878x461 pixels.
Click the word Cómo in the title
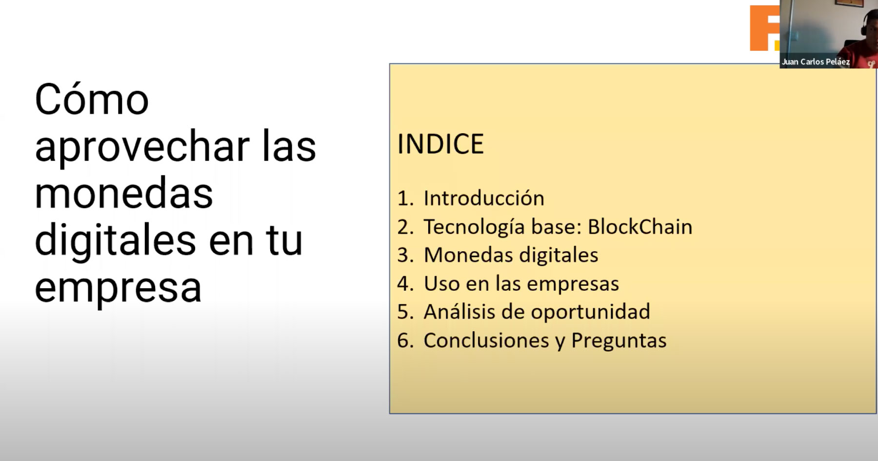[x=92, y=100]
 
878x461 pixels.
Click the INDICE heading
[x=440, y=144]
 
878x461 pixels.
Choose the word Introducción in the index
[x=484, y=198]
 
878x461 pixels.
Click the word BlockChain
[x=640, y=226]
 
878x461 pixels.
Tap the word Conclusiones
[x=486, y=341]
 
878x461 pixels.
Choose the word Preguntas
[x=619, y=341]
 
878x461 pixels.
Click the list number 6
[x=405, y=341]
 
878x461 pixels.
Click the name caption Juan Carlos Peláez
[x=816, y=62]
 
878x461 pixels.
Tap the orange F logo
[x=765, y=28]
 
